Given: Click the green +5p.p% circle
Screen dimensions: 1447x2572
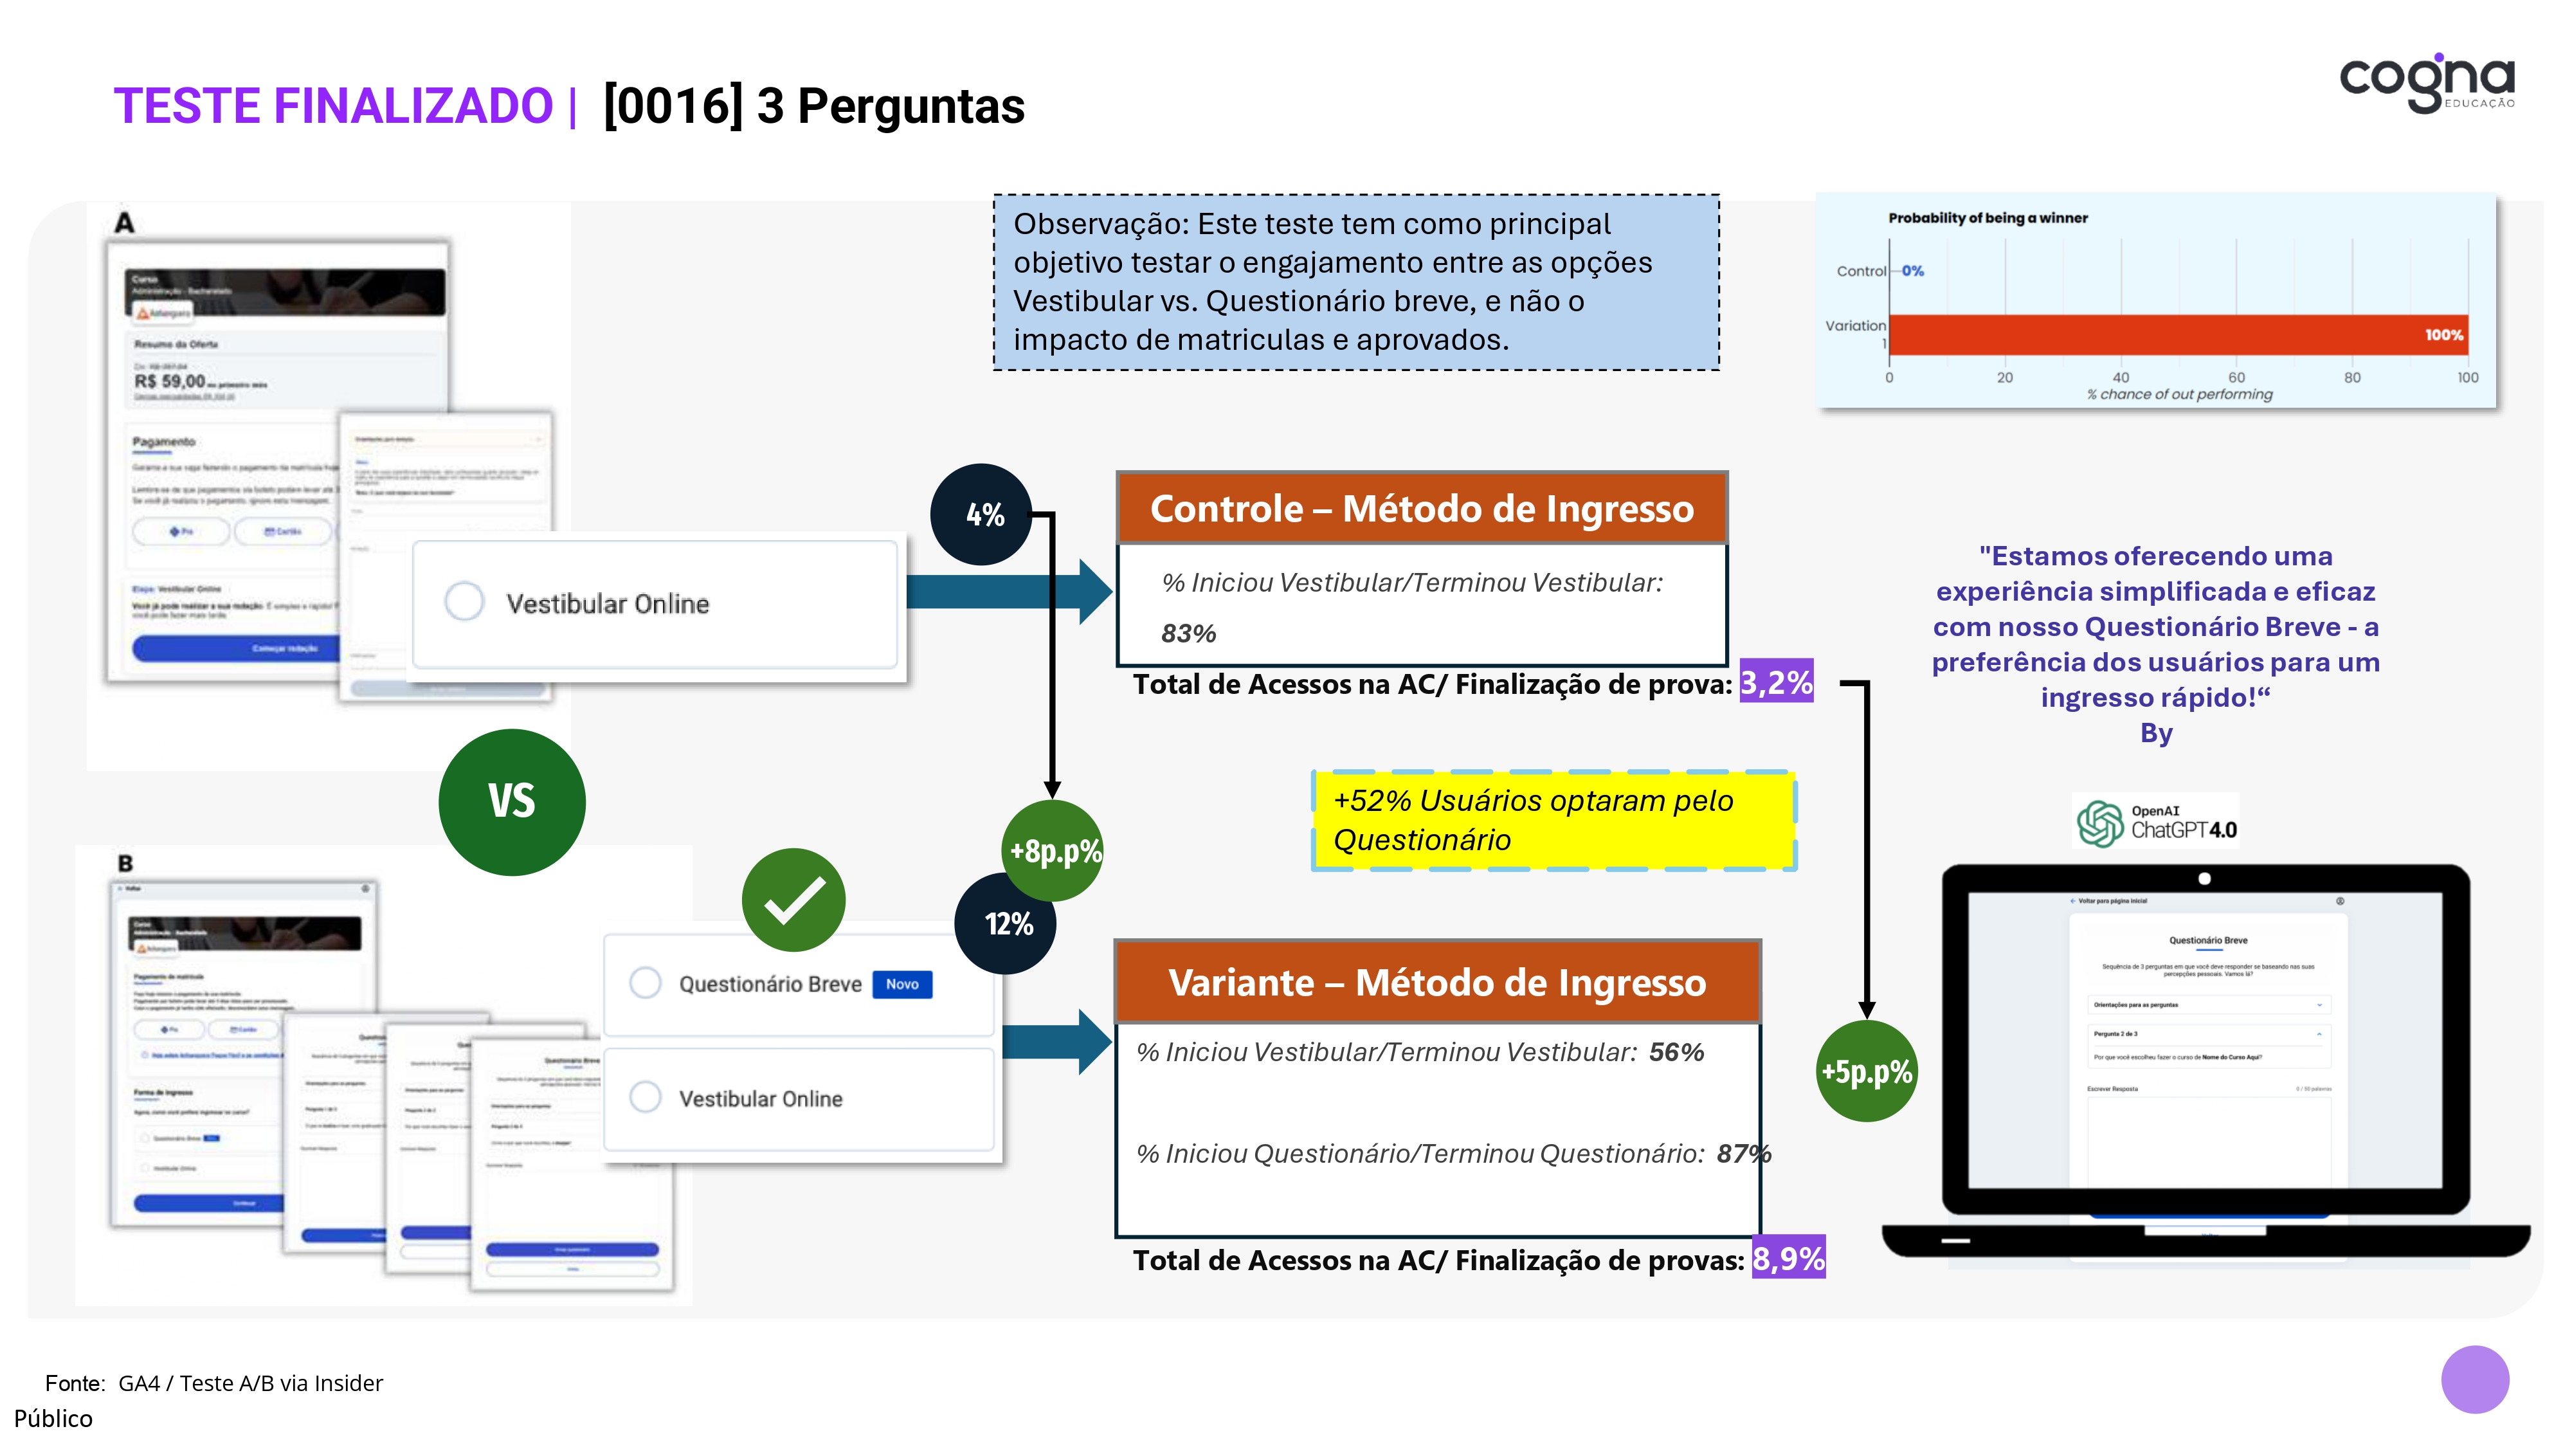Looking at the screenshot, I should tap(1866, 1071).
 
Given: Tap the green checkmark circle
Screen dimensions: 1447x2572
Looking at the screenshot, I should tap(793, 900).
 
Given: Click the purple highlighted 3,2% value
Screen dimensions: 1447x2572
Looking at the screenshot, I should tap(1775, 682).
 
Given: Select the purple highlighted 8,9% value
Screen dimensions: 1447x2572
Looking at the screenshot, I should tap(1788, 1259).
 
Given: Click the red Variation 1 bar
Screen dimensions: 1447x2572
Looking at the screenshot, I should tap(2177, 334).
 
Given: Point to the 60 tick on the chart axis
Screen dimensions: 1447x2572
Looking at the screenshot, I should tap(2236, 378).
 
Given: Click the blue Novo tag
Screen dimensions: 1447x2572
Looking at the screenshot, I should tap(901, 985).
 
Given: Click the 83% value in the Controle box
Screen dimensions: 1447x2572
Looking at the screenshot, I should tap(1188, 633).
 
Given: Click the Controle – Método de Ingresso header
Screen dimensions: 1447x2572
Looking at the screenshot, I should tap(1422, 508).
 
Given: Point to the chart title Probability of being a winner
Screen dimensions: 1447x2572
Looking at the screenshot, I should tap(1987, 218).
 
